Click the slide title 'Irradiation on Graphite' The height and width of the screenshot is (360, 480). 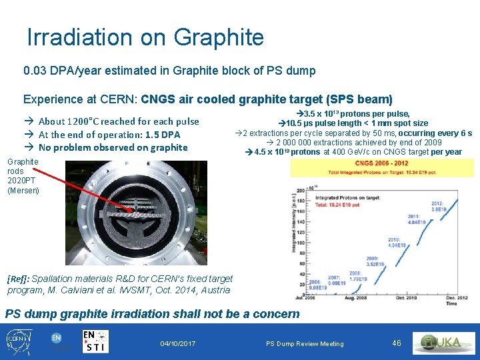pyautogui.click(x=145, y=38)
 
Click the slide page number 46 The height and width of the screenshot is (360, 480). pyautogui.click(x=397, y=343)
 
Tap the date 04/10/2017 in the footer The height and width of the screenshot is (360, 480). pyautogui.click(x=178, y=343)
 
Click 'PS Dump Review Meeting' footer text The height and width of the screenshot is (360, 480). pyautogui.click(x=305, y=344)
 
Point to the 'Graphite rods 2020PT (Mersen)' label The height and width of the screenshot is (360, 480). pyautogui.click(x=23, y=176)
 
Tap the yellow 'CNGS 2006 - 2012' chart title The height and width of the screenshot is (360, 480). pyautogui.click(x=381, y=163)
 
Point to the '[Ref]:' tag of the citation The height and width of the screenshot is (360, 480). pyautogui.click(x=18, y=279)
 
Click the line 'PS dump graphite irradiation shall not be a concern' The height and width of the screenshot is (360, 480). pyautogui.click(x=153, y=313)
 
